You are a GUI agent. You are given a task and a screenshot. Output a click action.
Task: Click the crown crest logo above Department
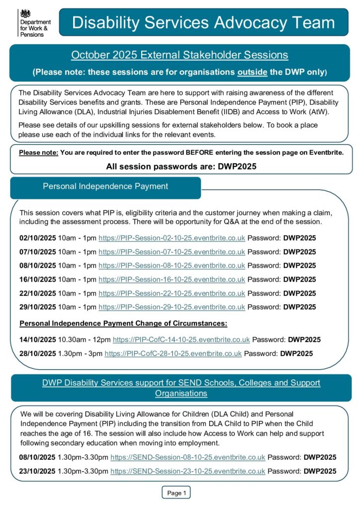tap(23, 13)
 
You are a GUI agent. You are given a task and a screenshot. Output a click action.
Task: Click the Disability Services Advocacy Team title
tap(203, 22)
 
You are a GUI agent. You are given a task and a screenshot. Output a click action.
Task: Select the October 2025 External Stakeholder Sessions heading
tap(180, 55)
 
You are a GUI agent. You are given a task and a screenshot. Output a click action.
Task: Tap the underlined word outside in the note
tap(252, 72)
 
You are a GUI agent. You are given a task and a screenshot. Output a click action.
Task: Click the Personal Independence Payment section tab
tap(105, 186)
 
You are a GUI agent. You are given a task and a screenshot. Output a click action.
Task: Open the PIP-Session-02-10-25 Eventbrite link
tap(172, 238)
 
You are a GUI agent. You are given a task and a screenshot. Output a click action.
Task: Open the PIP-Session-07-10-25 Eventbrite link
tap(172, 252)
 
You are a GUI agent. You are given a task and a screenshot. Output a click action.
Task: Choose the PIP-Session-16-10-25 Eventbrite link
tap(172, 279)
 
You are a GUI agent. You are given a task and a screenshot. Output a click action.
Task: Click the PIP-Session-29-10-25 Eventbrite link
tap(172, 307)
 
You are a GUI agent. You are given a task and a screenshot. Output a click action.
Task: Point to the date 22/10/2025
tap(38, 293)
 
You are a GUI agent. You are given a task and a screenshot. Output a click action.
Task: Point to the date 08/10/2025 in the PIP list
tap(38, 266)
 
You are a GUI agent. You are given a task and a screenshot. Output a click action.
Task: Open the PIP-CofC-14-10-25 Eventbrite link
tap(181, 340)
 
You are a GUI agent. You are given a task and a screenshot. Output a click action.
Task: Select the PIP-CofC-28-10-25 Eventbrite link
tap(173, 354)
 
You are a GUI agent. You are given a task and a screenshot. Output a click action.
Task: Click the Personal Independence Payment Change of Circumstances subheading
tap(123, 324)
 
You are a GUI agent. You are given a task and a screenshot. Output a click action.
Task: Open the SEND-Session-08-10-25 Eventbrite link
tap(187, 457)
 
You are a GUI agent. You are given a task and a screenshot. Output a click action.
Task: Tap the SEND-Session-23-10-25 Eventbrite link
tap(187, 471)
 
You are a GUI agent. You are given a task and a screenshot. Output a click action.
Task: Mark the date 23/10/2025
tap(38, 471)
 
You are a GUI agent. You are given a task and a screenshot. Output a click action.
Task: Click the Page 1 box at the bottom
tap(176, 493)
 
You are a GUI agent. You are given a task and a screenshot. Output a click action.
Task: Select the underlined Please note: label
tap(39, 152)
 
